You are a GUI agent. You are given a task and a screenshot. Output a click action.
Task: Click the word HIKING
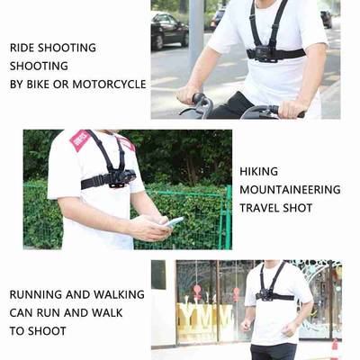pos(260,171)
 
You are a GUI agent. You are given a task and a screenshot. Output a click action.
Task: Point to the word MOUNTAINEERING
pos(290,190)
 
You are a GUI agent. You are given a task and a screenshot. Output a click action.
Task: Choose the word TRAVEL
pos(262,208)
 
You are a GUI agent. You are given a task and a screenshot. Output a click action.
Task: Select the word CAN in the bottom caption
pos(23,312)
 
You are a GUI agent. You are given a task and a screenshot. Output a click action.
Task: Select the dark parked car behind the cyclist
pos(168,31)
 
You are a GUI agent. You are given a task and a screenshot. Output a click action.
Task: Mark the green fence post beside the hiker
pos(229,216)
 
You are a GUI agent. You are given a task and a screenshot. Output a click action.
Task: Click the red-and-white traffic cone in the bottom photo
pos(334,347)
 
